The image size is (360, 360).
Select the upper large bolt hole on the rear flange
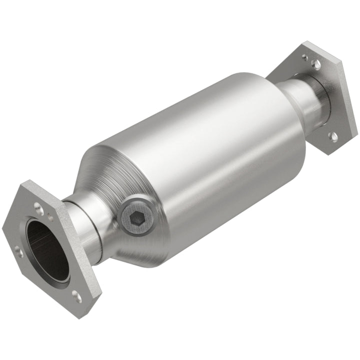(x=315, y=63)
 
